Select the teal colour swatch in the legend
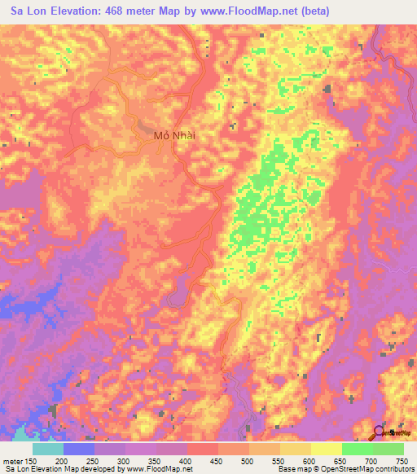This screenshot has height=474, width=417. [x=48, y=449]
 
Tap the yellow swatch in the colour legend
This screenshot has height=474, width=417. [x=327, y=449]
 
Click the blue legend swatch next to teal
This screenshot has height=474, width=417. [x=79, y=449]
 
